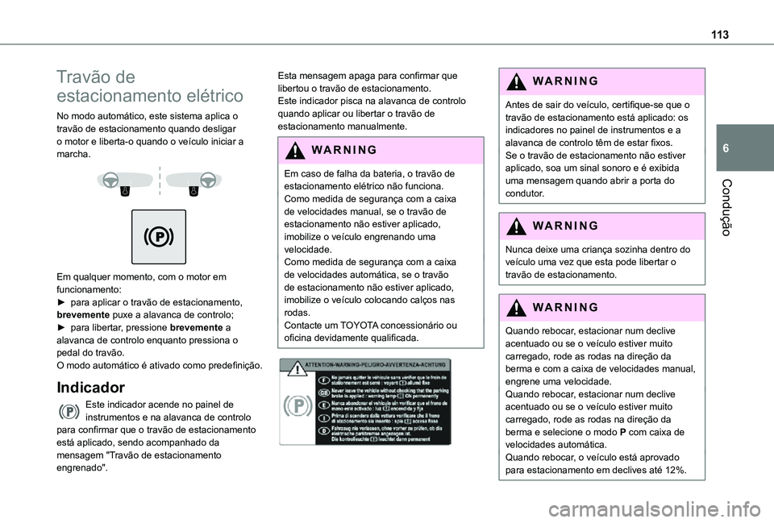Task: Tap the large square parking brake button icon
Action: [160, 236]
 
